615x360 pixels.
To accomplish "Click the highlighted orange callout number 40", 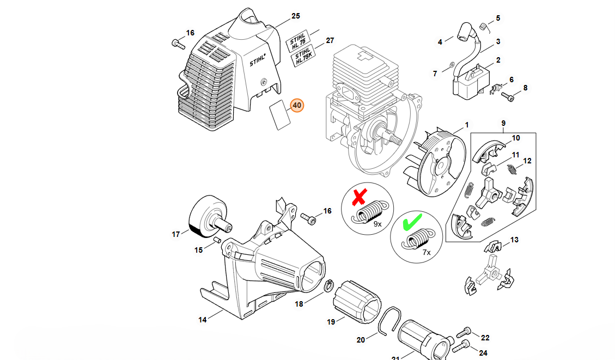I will (x=297, y=105).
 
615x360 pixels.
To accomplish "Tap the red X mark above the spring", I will (x=359, y=198).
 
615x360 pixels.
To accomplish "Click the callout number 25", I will (x=296, y=16).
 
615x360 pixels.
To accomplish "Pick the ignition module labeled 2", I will (x=468, y=78).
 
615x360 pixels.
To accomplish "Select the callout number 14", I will (x=203, y=320).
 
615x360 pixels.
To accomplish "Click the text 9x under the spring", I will (x=377, y=223).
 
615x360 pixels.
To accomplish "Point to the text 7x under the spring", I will (x=427, y=252).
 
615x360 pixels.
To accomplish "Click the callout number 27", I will (x=330, y=40).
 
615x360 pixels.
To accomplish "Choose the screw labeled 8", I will (x=508, y=98).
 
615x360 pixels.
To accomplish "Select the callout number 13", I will (x=514, y=240).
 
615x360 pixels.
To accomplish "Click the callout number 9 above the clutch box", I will (x=503, y=123).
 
